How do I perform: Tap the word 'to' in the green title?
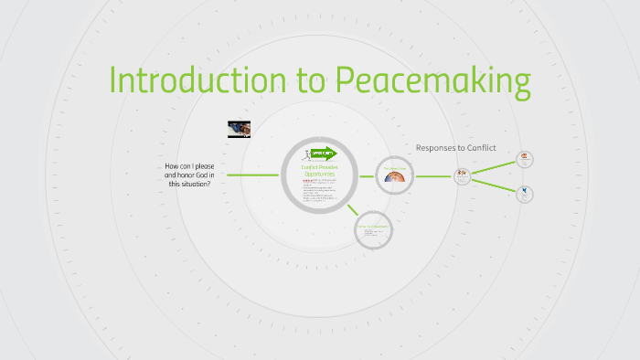click(x=311, y=81)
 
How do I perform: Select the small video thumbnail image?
click(x=239, y=129)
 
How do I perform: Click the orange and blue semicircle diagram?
click(x=395, y=175)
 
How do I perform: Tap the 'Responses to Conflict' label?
click(x=455, y=148)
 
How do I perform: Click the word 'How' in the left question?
click(x=173, y=165)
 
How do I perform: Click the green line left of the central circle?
click(x=253, y=175)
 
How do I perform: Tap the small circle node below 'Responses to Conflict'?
click(x=462, y=175)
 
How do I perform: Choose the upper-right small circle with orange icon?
click(x=525, y=159)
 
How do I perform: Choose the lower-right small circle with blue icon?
click(x=525, y=193)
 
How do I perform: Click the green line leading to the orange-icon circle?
click(x=494, y=167)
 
